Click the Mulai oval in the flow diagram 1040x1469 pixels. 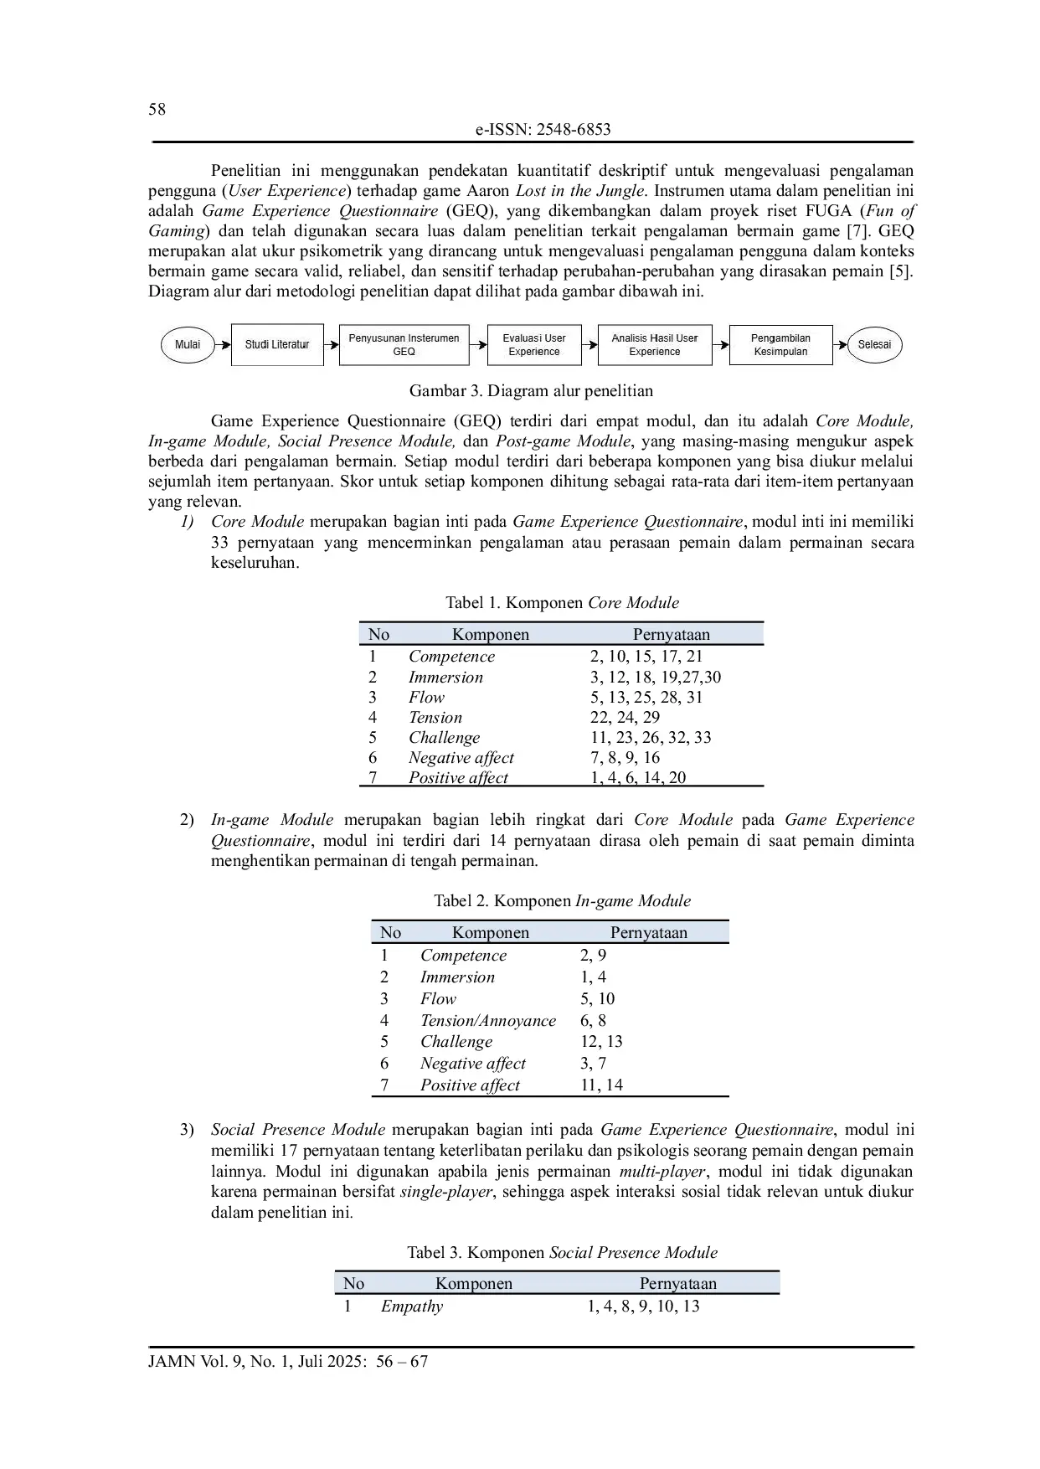tap(188, 345)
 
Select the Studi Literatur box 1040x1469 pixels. tap(277, 345)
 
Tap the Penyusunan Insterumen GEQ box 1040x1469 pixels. tap(404, 345)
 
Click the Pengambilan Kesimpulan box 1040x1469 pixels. tap(780, 345)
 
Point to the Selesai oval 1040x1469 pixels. tap(874, 345)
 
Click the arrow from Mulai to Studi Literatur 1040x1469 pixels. tap(223, 345)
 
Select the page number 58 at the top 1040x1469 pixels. tap(157, 110)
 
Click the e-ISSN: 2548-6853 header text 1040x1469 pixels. tap(543, 130)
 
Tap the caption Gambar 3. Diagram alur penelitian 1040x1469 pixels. tap(531, 391)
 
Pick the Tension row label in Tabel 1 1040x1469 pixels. tap(435, 718)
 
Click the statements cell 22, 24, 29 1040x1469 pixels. tap(625, 718)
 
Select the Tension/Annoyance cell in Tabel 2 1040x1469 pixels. tap(488, 1021)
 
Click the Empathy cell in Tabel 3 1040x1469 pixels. tap(412, 1307)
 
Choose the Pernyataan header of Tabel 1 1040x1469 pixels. tap(671, 635)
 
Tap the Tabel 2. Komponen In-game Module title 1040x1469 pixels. tap(562, 901)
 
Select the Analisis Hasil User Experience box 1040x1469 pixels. tap(655, 345)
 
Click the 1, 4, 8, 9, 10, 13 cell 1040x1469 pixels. tap(643, 1307)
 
